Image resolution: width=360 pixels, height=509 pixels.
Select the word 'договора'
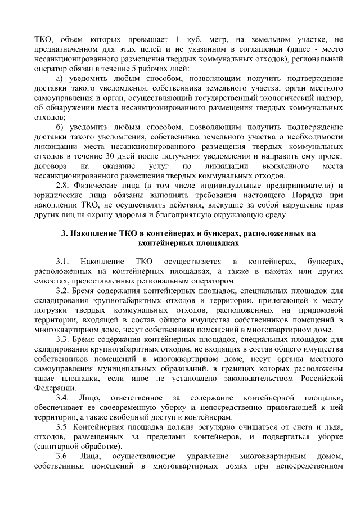click(51, 167)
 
